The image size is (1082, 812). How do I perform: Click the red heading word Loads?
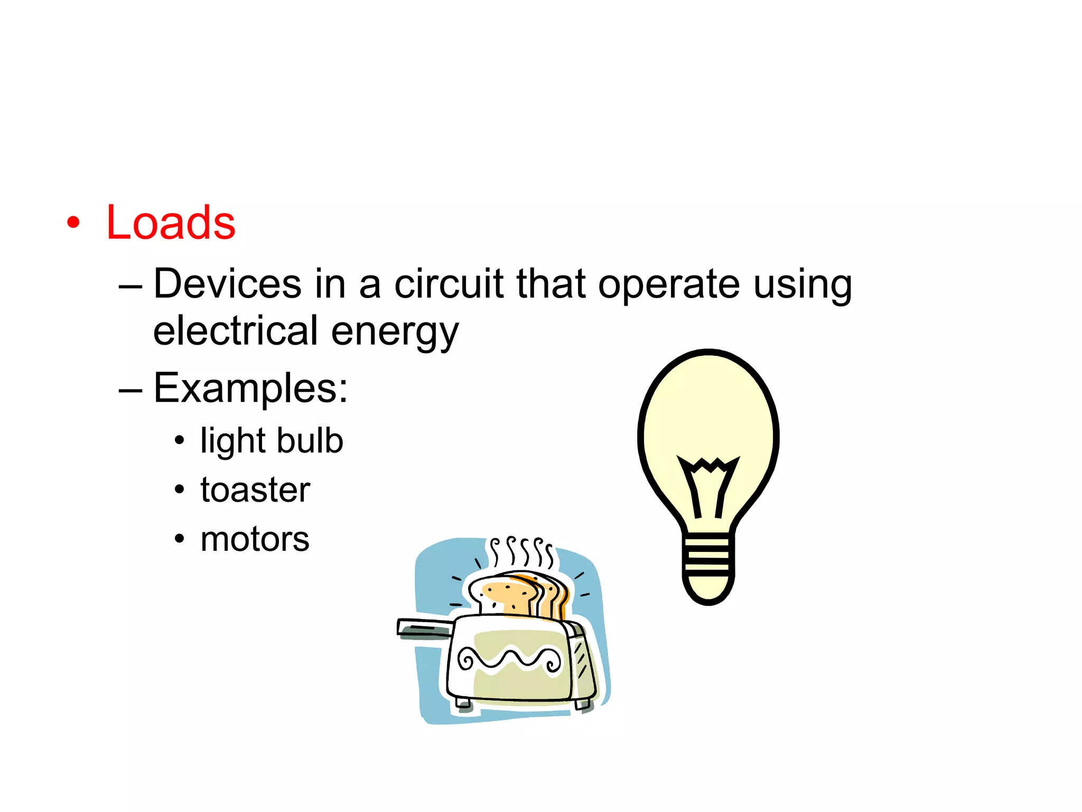point(171,223)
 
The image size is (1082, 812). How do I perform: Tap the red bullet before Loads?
point(73,223)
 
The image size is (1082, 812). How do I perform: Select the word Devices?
point(228,284)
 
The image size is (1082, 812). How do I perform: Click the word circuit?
point(449,284)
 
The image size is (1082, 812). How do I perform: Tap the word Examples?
point(250,389)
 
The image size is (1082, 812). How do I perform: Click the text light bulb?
point(272,440)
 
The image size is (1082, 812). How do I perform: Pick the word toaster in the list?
point(255,490)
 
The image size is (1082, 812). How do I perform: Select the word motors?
point(255,539)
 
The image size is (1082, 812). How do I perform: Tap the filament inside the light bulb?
point(708,484)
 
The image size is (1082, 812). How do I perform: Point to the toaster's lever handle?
point(423,627)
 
